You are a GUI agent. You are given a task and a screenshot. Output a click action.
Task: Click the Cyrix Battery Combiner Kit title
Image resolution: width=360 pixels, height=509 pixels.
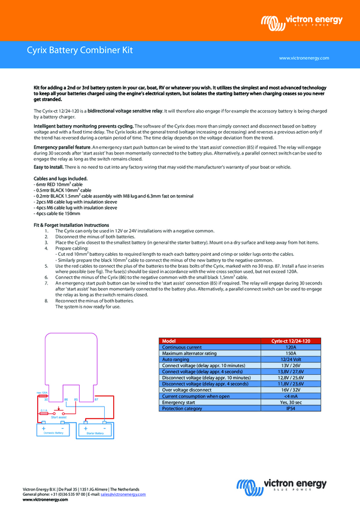80,51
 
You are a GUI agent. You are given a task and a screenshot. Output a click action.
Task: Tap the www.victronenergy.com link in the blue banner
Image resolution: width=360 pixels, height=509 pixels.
304,58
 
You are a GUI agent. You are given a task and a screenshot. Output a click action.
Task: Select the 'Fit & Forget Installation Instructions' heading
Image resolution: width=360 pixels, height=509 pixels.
71,225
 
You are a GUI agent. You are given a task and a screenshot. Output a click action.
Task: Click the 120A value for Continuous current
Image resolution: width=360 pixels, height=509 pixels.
291,347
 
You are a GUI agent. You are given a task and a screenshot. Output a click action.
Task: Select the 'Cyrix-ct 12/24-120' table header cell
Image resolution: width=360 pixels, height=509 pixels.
291,341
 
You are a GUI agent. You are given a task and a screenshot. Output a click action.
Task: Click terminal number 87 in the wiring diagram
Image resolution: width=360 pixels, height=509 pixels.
96,398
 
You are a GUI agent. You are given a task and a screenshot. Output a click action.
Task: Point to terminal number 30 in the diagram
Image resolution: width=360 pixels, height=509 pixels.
46,399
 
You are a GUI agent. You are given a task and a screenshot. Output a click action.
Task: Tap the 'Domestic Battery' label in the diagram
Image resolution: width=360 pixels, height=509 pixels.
53,432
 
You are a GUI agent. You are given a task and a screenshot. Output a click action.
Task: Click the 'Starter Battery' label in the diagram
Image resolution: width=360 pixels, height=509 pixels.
95,432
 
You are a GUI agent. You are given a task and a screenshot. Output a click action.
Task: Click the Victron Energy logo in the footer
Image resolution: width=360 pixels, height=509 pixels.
282,485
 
